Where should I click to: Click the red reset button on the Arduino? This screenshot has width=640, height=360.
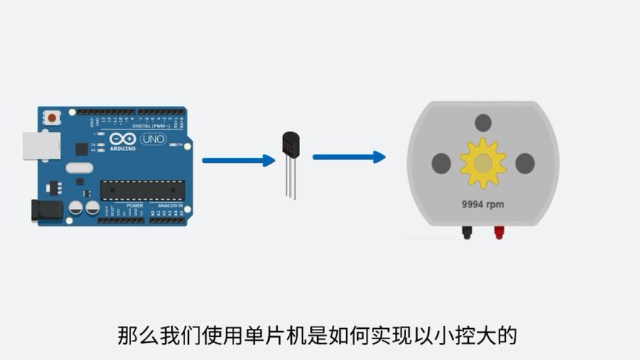(x=52, y=118)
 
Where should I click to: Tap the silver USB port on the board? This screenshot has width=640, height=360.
(x=41, y=146)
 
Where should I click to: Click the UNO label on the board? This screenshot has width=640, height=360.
(x=153, y=139)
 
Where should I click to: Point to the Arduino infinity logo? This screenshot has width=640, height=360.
(x=122, y=139)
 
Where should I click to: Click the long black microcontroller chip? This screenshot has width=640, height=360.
(x=142, y=190)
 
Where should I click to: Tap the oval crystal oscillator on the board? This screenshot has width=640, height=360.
(x=79, y=168)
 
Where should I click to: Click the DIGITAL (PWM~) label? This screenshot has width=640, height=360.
(x=152, y=125)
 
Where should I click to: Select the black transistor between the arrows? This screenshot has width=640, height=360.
(x=291, y=144)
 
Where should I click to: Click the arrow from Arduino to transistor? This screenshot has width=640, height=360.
(x=238, y=160)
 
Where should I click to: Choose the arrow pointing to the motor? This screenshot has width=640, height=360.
(x=348, y=157)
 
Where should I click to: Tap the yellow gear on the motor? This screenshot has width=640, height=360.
(x=483, y=163)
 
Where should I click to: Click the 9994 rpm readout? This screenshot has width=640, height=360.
(x=483, y=203)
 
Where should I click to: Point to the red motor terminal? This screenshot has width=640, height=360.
(x=499, y=232)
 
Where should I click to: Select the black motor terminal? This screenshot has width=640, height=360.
(x=467, y=232)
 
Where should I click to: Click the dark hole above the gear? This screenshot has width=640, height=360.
(x=483, y=122)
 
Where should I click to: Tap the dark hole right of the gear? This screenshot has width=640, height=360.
(x=525, y=163)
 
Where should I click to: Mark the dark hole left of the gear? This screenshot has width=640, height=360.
(x=441, y=163)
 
